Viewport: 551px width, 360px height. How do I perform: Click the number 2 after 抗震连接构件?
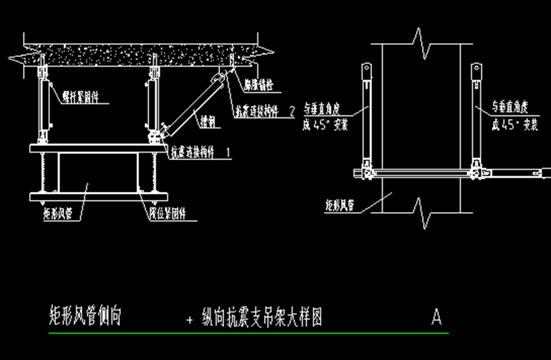pyautogui.click(x=291, y=111)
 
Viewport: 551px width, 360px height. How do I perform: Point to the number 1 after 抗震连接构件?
pyautogui.click(x=228, y=153)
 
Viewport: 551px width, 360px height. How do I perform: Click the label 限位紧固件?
pyautogui.click(x=168, y=216)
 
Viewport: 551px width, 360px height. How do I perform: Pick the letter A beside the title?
pyautogui.click(x=436, y=316)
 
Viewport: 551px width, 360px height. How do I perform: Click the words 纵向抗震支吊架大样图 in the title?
pyautogui.click(x=262, y=317)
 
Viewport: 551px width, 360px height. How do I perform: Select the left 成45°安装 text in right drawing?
pyautogui.click(x=326, y=124)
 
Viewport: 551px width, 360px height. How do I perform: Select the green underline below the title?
pyautogui.click(x=248, y=333)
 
